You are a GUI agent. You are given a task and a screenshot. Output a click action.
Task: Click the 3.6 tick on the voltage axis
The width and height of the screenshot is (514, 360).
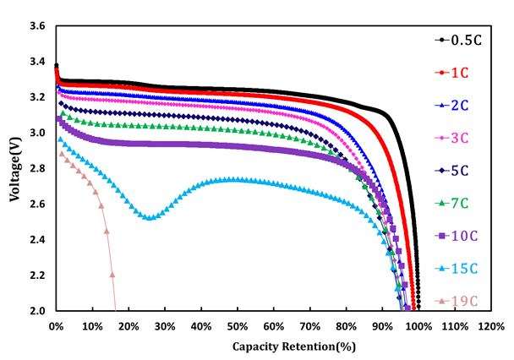[36, 27]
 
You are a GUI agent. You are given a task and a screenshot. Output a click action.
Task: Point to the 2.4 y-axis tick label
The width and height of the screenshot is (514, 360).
[36, 240]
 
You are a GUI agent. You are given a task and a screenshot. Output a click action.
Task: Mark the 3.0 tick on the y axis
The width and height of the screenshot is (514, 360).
[36, 134]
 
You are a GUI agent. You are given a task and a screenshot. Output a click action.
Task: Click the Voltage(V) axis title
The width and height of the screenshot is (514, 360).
[14, 169]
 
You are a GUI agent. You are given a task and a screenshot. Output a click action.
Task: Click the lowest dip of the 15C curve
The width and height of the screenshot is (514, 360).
[150, 218]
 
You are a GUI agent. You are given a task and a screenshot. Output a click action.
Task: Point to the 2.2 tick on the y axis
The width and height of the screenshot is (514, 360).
[36, 275]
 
